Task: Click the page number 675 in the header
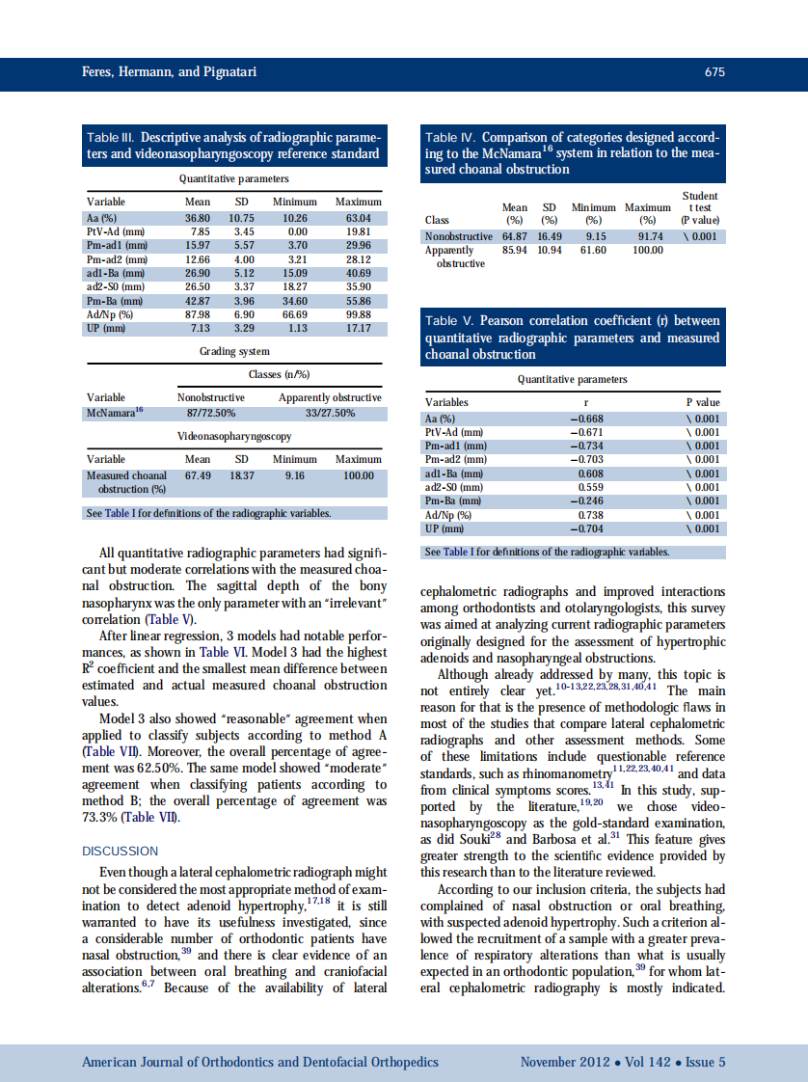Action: (x=714, y=72)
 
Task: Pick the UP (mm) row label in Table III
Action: (x=104, y=329)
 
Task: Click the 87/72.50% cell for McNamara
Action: (x=210, y=414)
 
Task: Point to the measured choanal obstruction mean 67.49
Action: (x=198, y=475)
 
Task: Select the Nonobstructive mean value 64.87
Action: (x=515, y=236)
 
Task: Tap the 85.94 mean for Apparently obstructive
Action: (x=515, y=251)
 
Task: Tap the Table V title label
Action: (x=449, y=321)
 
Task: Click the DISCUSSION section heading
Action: (x=121, y=852)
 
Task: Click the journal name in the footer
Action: (x=260, y=1062)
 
